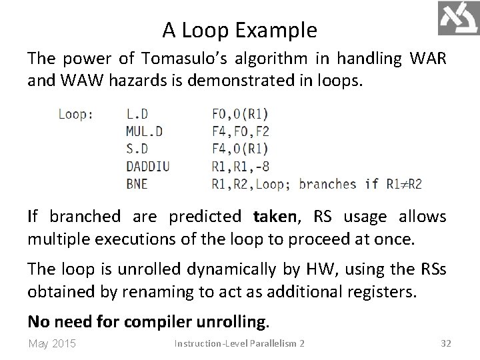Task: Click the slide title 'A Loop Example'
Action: pos(239,30)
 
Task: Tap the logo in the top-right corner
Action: pos(457,18)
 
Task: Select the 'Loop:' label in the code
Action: pos(76,114)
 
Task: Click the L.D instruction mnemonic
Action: pos(137,114)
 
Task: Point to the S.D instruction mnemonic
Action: pos(138,149)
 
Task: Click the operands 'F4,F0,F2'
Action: pos(240,131)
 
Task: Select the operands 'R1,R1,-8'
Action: pos(240,166)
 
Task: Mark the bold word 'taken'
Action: pos(274,217)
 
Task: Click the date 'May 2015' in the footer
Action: pos(53,344)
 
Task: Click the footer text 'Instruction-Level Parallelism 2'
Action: pos(239,344)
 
